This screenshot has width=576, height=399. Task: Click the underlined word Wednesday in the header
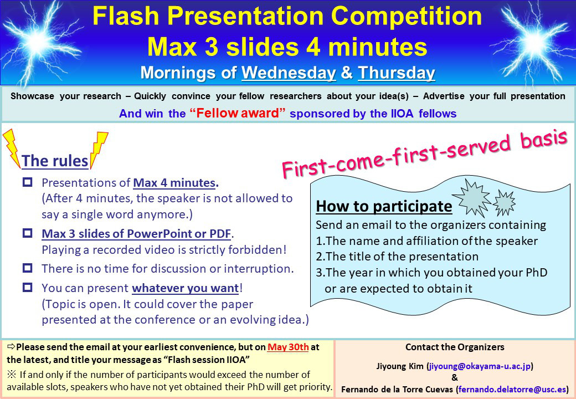point(289,73)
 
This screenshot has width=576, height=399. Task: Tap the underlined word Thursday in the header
point(397,73)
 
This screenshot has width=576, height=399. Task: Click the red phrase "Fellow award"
point(238,113)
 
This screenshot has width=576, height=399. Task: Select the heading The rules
point(55,161)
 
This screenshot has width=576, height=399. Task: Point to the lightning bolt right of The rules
point(99,149)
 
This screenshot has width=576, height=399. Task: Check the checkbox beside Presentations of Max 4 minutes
point(28,182)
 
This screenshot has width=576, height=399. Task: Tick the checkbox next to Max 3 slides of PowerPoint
point(28,233)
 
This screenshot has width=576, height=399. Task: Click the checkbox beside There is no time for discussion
point(28,268)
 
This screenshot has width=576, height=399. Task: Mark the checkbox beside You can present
point(28,287)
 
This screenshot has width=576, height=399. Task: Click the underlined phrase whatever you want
point(186,288)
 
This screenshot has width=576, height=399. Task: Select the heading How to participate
point(384,206)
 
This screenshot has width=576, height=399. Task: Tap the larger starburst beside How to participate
point(472,198)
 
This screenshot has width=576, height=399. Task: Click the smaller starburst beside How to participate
point(504,203)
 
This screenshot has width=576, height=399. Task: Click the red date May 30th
point(288,347)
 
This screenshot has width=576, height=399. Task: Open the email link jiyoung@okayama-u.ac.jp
point(480,366)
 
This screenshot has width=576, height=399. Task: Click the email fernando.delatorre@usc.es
point(512,389)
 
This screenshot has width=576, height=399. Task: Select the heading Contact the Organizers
point(455,347)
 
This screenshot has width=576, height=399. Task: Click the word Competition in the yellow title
point(407,16)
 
